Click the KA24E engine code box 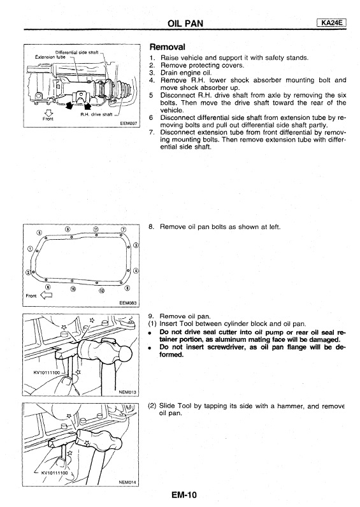pyautogui.click(x=332, y=23)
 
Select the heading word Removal pyautogui.click(x=167, y=47)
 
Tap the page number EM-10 pyautogui.click(x=184, y=495)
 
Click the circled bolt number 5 pyautogui.click(x=40, y=233)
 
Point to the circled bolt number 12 pyautogui.click(x=102, y=290)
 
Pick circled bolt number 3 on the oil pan pyautogui.click(x=136, y=245)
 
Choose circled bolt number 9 pyautogui.click(x=67, y=229)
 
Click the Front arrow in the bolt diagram pyautogui.click(x=47, y=295)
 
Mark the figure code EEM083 pyautogui.click(x=128, y=303)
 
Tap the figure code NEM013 pyautogui.click(x=127, y=392)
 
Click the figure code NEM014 pyautogui.click(x=127, y=482)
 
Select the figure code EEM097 pyautogui.click(x=129, y=123)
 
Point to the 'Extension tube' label pyautogui.click(x=50, y=57)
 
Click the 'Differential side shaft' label pyautogui.click(x=77, y=52)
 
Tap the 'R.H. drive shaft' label pyautogui.click(x=96, y=114)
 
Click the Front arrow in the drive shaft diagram pyautogui.click(x=48, y=113)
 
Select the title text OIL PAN pyautogui.click(x=185, y=24)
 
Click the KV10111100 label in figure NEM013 pyautogui.click(x=47, y=372)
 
